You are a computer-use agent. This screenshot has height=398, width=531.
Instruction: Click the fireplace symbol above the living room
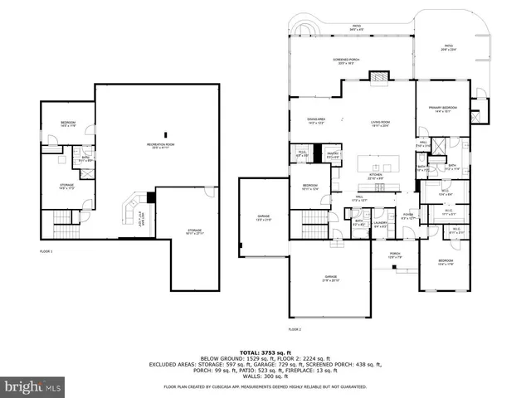tap(378, 78)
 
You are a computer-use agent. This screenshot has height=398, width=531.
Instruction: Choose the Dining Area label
tap(316, 120)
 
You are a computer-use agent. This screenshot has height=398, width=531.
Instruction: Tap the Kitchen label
tap(376, 176)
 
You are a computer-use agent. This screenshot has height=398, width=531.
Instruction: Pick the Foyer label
tap(407, 216)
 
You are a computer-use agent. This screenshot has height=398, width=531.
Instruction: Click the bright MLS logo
tap(33, 386)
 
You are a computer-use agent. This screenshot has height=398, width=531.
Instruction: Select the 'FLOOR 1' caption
tap(46, 250)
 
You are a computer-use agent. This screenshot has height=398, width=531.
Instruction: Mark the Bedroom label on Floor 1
tap(68, 124)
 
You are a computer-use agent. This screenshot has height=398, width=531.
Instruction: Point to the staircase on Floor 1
tap(64, 221)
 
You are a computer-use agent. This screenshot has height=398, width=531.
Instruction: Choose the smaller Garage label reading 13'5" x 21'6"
tap(262, 218)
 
